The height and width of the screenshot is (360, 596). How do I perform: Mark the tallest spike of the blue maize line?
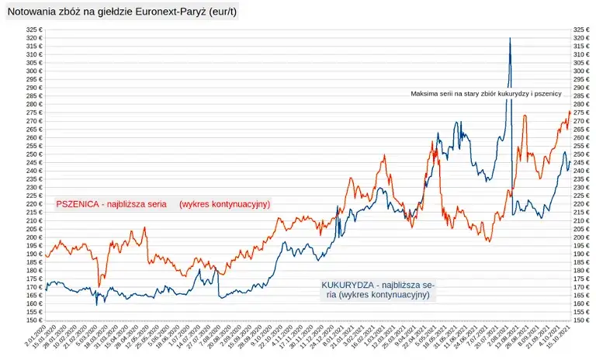[x=509, y=38]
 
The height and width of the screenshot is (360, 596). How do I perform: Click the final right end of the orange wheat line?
[x=570, y=112]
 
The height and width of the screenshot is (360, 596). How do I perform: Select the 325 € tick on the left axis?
[x=32, y=29]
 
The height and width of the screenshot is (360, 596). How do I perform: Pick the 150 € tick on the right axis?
[x=581, y=320]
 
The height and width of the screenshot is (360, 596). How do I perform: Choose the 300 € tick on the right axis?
[x=581, y=71]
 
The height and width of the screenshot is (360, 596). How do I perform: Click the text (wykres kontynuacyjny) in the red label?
[x=224, y=204]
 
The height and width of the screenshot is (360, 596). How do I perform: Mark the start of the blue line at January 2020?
[x=46, y=289]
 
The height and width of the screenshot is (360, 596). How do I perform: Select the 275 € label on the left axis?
[x=32, y=112]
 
